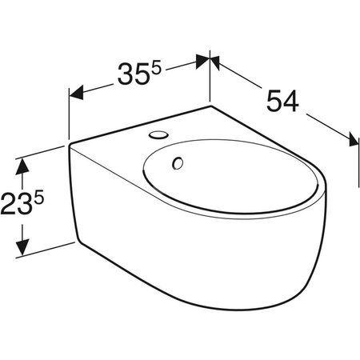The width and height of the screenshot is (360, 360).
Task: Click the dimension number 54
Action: pos(282,102)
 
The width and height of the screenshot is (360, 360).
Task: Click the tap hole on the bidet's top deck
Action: pos(161,131)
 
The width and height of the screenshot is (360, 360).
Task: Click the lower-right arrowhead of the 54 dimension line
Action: pos(348,137)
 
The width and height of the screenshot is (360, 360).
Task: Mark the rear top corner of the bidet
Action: pos(210,105)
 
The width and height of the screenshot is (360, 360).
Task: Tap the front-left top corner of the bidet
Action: pos(70,146)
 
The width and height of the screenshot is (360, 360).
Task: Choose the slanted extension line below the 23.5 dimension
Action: pos(48,248)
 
